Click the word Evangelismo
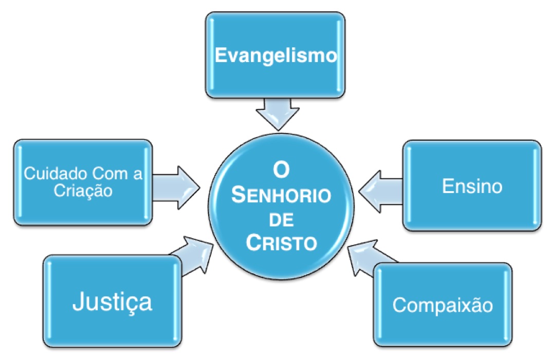275,55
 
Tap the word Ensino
472,186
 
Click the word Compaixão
443,305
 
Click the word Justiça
112,301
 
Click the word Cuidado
50,174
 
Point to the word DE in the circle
281,221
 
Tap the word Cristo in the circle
281,243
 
